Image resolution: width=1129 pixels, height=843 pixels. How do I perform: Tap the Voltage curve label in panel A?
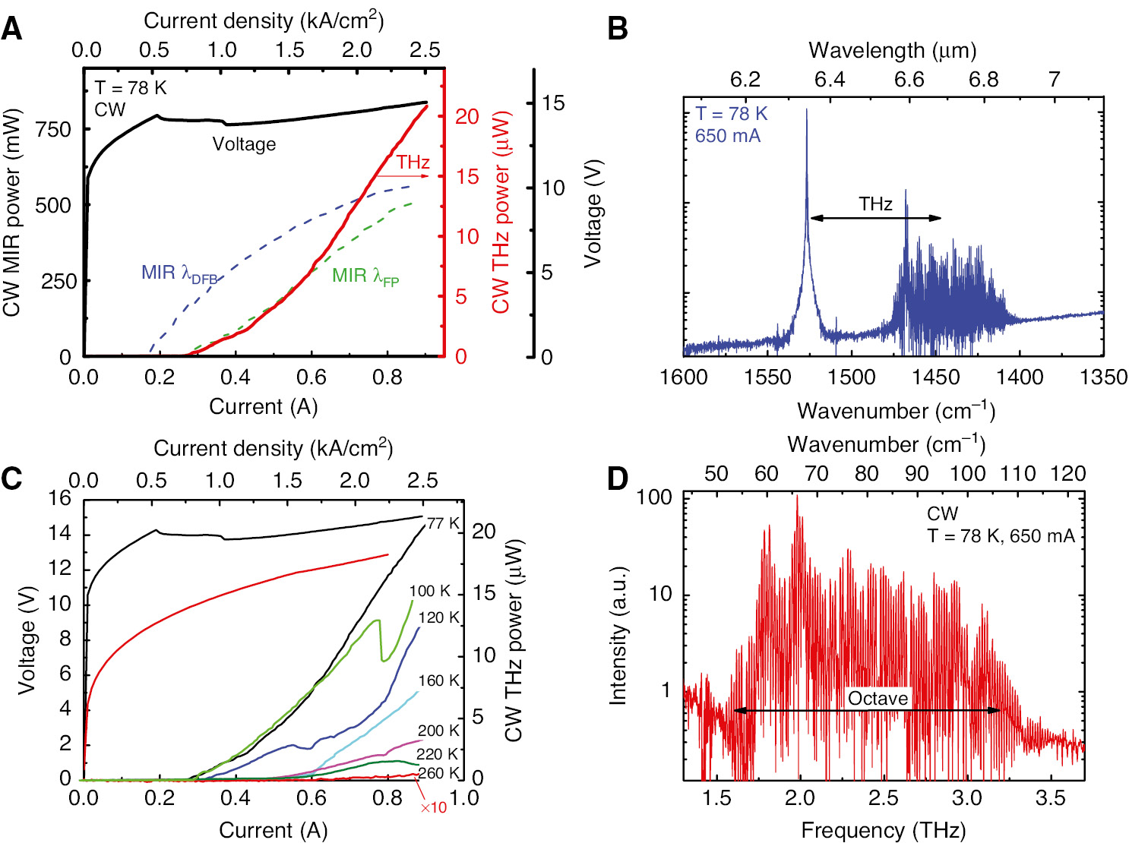pyautogui.click(x=244, y=144)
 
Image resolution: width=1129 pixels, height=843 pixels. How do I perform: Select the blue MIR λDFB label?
pyautogui.click(x=179, y=273)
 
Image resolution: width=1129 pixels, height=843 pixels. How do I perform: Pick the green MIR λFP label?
pyautogui.click(x=365, y=276)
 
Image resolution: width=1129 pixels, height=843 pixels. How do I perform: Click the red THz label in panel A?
pyautogui.click(x=413, y=163)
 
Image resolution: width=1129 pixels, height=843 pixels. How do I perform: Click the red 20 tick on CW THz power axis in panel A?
pyautogui.click(x=467, y=117)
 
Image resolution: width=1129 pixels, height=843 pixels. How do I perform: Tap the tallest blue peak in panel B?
pyautogui.click(x=806, y=111)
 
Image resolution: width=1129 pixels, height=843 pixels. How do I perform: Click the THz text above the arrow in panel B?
pyautogui.click(x=875, y=204)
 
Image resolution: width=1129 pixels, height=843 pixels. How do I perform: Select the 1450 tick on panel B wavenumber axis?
pyautogui.click(x=935, y=377)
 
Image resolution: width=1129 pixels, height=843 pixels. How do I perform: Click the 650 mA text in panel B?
pyautogui.click(x=727, y=136)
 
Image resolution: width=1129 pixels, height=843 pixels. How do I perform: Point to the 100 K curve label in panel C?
pyautogui.click(x=429, y=591)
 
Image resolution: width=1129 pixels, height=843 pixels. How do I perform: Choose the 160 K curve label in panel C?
pyautogui.click(x=438, y=680)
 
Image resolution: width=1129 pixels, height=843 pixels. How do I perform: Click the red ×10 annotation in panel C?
pyautogui.click(x=434, y=807)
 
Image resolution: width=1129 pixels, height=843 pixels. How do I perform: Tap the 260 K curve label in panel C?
pyautogui.click(x=438, y=773)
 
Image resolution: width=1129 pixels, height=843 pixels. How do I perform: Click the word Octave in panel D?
pyautogui.click(x=878, y=699)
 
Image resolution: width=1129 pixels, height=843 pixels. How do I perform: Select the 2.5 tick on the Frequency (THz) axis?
pyautogui.click(x=883, y=797)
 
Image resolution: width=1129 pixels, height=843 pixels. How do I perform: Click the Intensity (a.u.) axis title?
pyautogui.click(x=618, y=636)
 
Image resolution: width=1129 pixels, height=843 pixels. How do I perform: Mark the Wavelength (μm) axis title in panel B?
pyautogui.click(x=892, y=51)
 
